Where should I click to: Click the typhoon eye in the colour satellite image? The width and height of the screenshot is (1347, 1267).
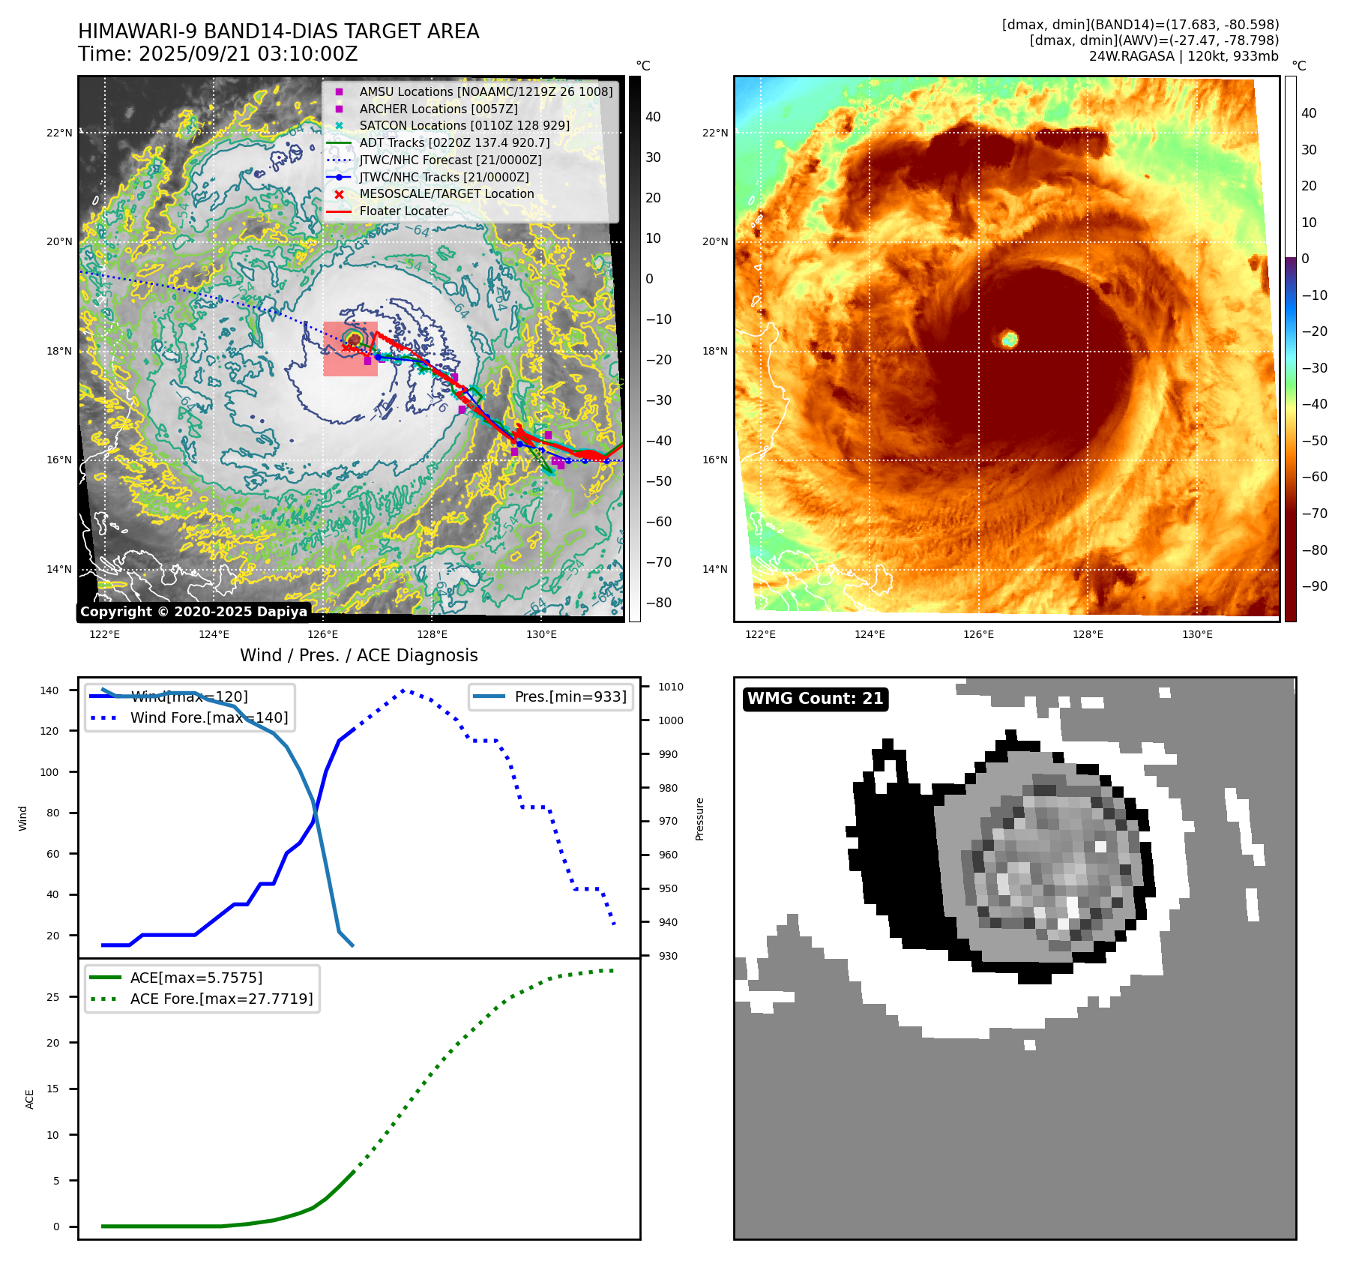[x=1010, y=339]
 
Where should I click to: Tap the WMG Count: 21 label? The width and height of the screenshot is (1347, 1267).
[x=815, y=699]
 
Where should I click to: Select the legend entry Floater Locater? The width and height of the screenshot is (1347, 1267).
[x=403, y=211]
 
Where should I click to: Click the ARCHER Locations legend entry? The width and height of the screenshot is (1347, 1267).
[x=438, y=109]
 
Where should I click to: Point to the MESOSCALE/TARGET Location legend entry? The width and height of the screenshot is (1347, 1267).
[x=446, y=194]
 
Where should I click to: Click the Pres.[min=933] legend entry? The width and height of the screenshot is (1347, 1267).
[x=570, y=696]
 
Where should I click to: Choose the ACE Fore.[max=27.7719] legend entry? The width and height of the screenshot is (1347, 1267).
[x=221, y=999]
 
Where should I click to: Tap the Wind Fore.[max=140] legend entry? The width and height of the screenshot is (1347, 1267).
[x=208, y=717]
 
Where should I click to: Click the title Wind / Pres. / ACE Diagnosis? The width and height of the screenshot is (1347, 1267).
[x=358, y=655]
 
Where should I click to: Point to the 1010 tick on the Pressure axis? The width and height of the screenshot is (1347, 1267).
[x=670, y=687]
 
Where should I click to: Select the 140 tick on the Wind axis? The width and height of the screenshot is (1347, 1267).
[x=49, y=690]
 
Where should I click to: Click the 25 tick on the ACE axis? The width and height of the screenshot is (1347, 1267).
[x=52, y=997]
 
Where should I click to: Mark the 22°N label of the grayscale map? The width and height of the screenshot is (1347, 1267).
[x=59, y=133]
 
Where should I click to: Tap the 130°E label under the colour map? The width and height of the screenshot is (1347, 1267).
[x=1197, y=635]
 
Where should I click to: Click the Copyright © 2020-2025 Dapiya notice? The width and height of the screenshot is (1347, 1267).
[x=193, y=612]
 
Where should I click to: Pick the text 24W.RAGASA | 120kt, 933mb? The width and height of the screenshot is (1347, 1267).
[x=1184, y=56]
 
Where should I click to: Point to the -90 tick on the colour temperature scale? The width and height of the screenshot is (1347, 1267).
[x=1314, y=586]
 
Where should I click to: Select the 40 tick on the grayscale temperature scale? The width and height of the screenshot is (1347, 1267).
[x=653, y=117]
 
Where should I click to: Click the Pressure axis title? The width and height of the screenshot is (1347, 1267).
[x=699, y=819]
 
